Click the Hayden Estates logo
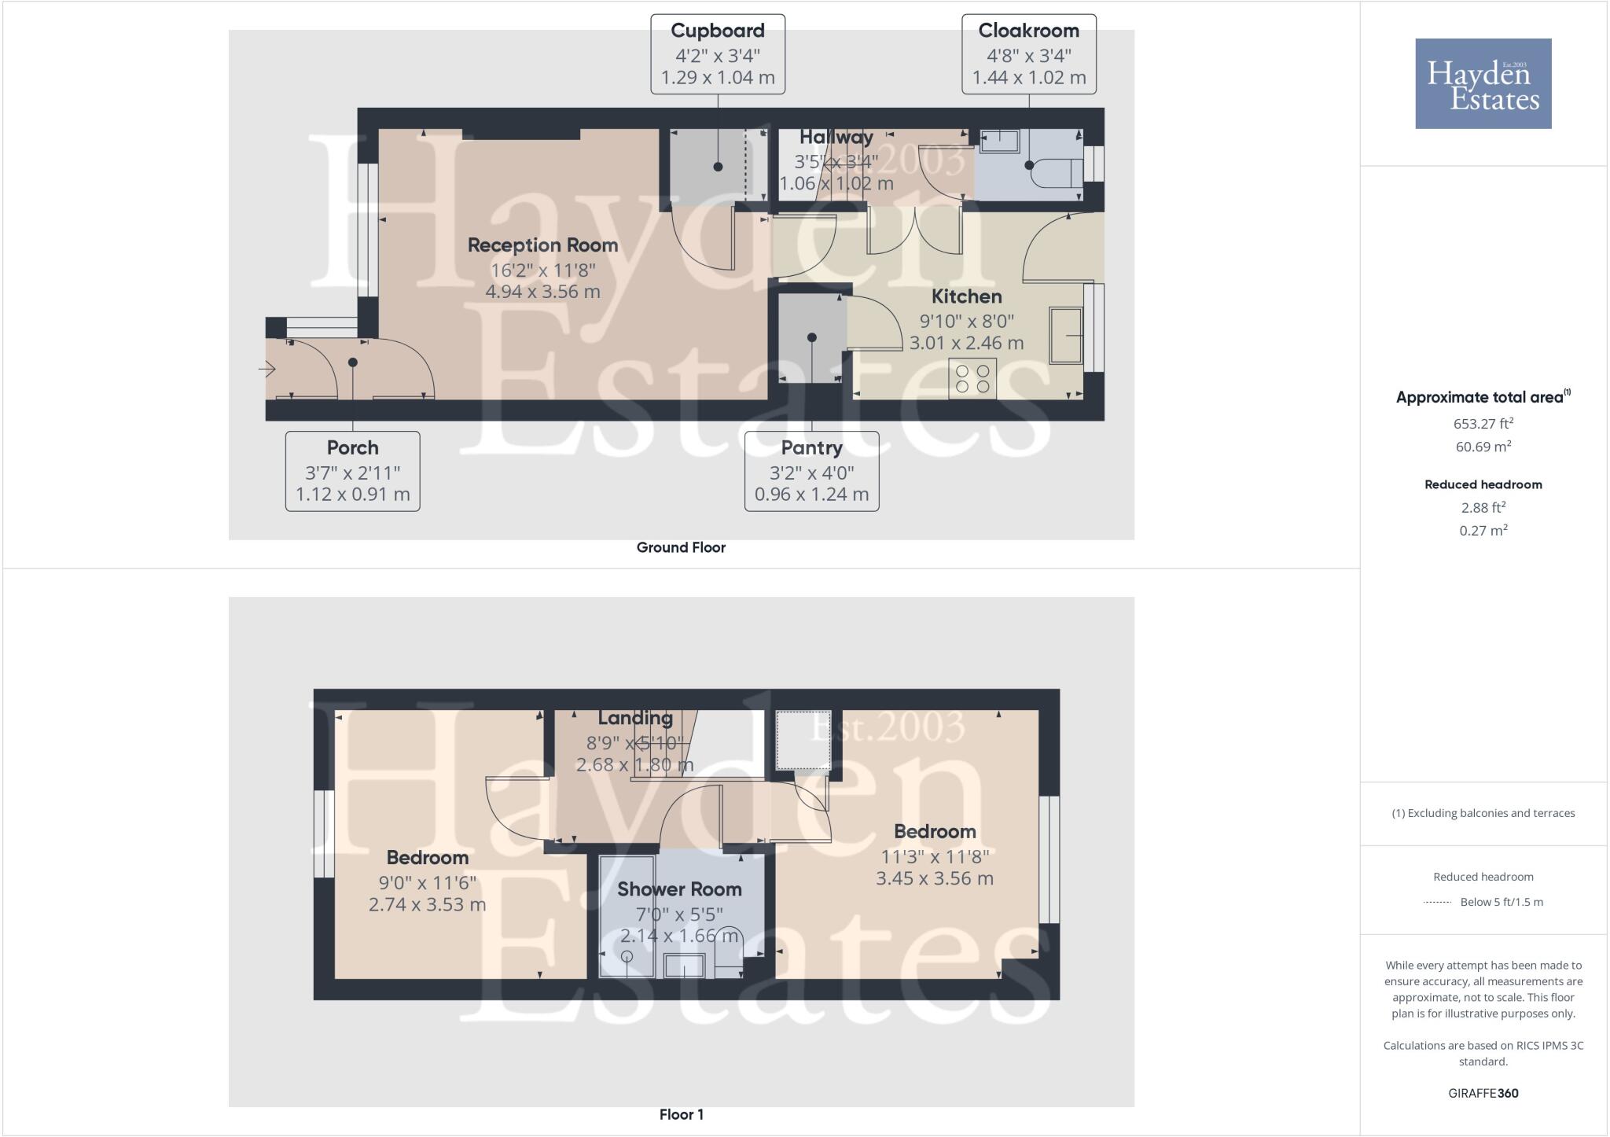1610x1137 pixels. coord(1483,83)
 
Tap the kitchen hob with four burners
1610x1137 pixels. coord(972,378)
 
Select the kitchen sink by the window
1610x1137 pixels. coord(1066,336)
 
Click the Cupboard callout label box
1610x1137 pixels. coord(717,54)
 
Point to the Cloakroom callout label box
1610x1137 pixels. coord(1028,54)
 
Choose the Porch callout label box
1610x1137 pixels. coord(352,471)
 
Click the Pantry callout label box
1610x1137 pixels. coord(811,471)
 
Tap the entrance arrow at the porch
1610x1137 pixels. coord(267,369)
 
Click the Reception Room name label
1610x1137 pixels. coord(542,245)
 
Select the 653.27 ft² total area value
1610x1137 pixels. coord(1483,424)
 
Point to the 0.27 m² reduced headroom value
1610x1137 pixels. coord(1483,531)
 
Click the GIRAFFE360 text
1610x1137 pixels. coord(1483,1093)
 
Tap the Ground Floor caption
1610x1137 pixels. coord(681,548)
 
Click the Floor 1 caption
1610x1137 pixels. coord(681,1115)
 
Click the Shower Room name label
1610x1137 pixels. coord(679,889)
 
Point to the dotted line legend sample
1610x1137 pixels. coord(1437,903)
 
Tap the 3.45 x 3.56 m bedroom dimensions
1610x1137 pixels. coord(935,878)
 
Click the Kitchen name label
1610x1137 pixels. coord(966,297)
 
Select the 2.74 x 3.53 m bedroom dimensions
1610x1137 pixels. coord(427,905)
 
